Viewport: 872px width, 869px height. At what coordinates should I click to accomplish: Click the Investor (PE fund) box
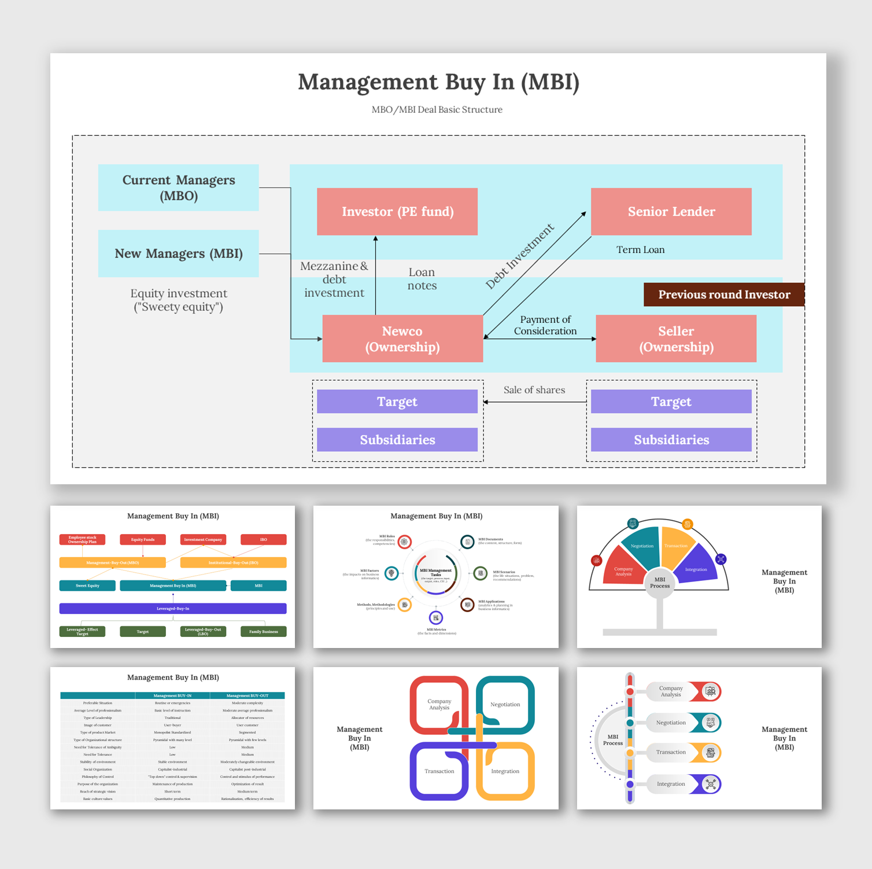(397, 212)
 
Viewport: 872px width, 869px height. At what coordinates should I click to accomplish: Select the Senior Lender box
(671, 212)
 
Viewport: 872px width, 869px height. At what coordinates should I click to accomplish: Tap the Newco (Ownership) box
(402, 339)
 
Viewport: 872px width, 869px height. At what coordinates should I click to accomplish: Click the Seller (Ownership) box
(676, 339)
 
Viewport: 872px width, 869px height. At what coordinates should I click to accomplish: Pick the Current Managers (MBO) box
(178, 188)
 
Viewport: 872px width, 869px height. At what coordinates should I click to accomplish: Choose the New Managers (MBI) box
(178, 253)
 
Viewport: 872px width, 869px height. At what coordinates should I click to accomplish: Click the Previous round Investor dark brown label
(724, 294)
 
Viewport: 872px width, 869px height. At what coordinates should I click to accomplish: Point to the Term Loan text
(640, 250)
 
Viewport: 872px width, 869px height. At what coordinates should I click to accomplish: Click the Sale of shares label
(534, 390)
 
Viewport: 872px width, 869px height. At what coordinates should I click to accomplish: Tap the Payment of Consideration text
(545, 325)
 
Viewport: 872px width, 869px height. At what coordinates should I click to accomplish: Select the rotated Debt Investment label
(519, 256)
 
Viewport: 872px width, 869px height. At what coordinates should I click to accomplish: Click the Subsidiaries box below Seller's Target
(671, 440)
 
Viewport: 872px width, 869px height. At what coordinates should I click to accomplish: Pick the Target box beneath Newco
(397, 402)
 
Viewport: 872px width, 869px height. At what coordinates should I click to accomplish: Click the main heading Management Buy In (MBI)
(438, 82)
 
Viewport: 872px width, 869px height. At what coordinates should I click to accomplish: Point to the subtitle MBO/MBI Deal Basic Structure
(437, 109)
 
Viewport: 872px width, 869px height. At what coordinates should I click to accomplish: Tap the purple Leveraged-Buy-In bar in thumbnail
(173, 609)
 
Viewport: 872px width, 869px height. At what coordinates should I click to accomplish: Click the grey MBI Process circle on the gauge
(659, 583)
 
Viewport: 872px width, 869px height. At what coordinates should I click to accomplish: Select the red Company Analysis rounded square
(439, 705)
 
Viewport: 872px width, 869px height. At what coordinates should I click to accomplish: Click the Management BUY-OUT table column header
(247, 695)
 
